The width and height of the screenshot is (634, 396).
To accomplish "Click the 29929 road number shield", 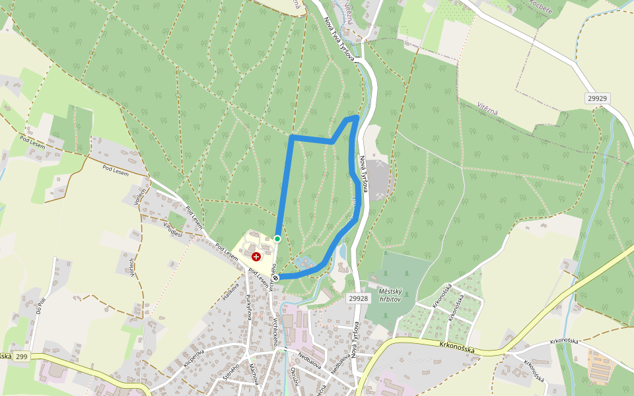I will [x=596, y=98].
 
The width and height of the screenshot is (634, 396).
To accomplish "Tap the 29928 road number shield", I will [x=357, y=298].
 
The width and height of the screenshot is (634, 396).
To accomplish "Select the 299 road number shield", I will [x=22, y=356].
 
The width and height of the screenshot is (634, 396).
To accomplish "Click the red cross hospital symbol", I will [x=256, y=256].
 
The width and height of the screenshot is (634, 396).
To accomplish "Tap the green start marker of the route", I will [x=277, y=238].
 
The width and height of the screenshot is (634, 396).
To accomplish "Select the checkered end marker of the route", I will [x=276, y=278].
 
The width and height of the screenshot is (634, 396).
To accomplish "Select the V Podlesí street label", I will [x=172, y=230].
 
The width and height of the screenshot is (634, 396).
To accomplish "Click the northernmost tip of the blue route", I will [x=357, y=117].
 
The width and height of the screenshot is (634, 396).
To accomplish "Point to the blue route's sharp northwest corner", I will [x=291, y=137].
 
